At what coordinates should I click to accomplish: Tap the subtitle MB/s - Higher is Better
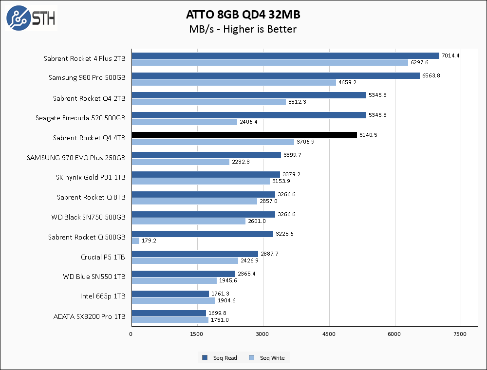[x=243, y=29]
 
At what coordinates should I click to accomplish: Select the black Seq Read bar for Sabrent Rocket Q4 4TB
[x=244, y=135]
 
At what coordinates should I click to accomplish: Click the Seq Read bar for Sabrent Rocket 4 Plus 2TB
[x=285, y=55]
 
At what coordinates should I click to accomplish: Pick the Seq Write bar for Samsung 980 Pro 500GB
[x=234, y=82]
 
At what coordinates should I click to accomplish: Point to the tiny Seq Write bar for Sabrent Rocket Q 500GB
[x=135, y=240]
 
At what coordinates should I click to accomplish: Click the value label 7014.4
[x=450, y=55]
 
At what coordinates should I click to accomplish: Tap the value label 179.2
[x=149, y=240]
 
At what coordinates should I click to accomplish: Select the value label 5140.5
[x=368, y=135]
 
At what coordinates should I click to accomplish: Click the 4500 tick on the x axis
[x=329, y=334]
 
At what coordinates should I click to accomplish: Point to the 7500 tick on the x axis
[x=460, y=334]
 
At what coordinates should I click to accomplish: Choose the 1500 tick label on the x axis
[x=197, y=334]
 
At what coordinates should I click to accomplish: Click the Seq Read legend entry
[x=220, y=358]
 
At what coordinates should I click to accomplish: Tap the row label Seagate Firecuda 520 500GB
[x=80, y=118]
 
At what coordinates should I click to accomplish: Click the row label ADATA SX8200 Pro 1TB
[x=89, y=316]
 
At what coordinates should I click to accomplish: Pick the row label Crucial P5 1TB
[x=103, y=257]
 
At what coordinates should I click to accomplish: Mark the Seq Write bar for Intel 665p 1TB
[x=173, y=300]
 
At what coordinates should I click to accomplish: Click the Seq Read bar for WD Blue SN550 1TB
[x=183, y=274]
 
